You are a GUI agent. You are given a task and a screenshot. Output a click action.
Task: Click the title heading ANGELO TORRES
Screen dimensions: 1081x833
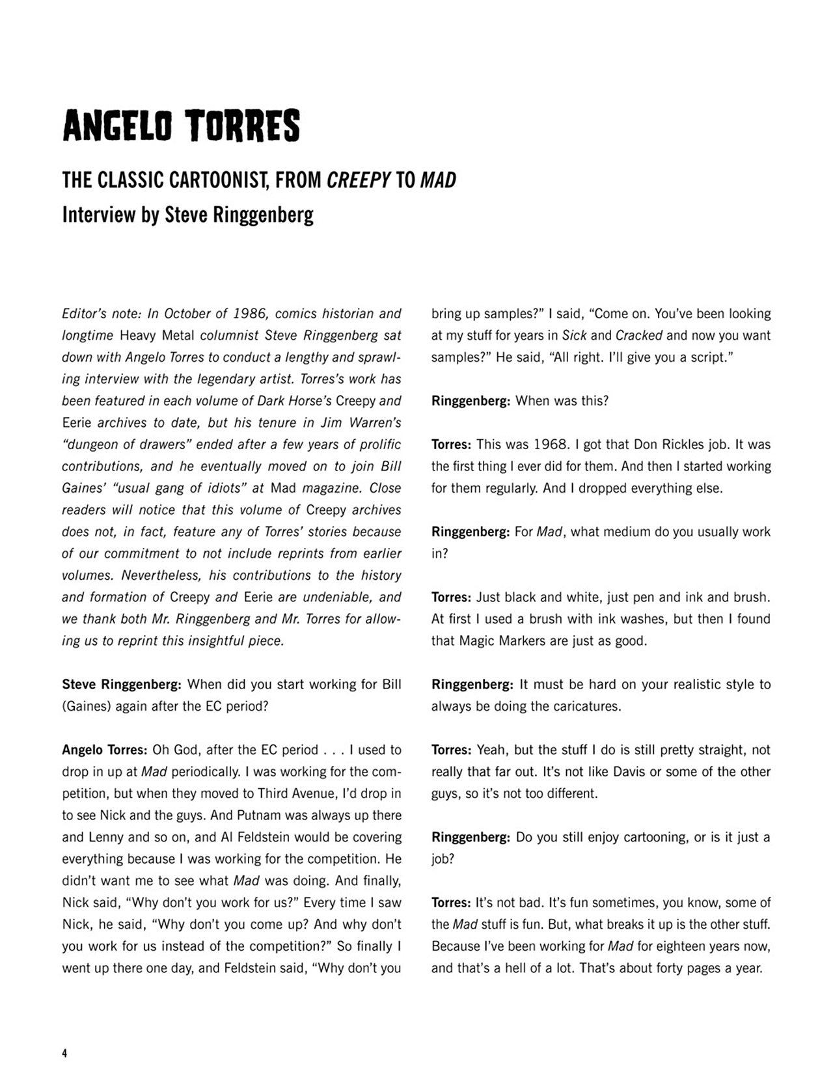coord(181,126)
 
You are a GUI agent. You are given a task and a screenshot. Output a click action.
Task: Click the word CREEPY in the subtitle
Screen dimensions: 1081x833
coord(359,180)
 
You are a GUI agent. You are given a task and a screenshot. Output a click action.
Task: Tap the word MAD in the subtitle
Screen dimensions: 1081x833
coord(438,180)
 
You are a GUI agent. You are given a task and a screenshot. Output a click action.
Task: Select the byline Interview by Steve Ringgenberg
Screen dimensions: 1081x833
coord(187,215)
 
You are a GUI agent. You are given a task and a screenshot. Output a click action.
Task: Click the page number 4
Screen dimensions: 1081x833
coord(64,1053)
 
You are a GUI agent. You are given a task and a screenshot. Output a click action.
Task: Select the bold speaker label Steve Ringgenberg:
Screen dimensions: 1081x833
coord(122,685)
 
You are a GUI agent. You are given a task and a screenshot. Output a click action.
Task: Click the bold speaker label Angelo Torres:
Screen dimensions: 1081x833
coord(105,750)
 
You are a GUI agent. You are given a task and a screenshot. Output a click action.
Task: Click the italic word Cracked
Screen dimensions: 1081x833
coord(638,336)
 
